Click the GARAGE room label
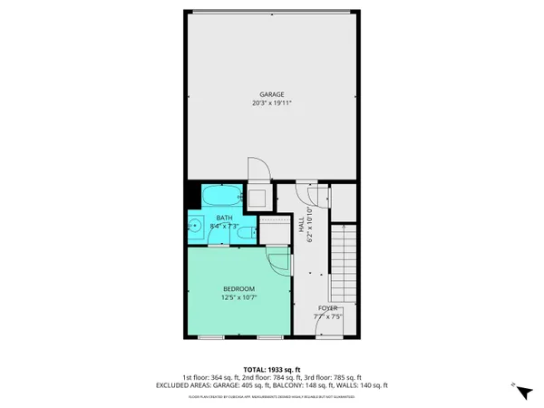click(272, 94)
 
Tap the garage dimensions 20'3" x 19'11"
click(272, 103)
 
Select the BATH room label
click(224, 218)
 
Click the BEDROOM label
click(239, 288)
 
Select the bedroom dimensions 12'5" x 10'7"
click(239, 297)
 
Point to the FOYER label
click(327, 309)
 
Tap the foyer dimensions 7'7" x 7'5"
click(327, 317)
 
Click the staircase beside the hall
click(343, 262)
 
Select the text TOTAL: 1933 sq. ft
click(271, 369)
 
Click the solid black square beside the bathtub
click(193, 194)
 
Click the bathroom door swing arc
click(217, 238)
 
